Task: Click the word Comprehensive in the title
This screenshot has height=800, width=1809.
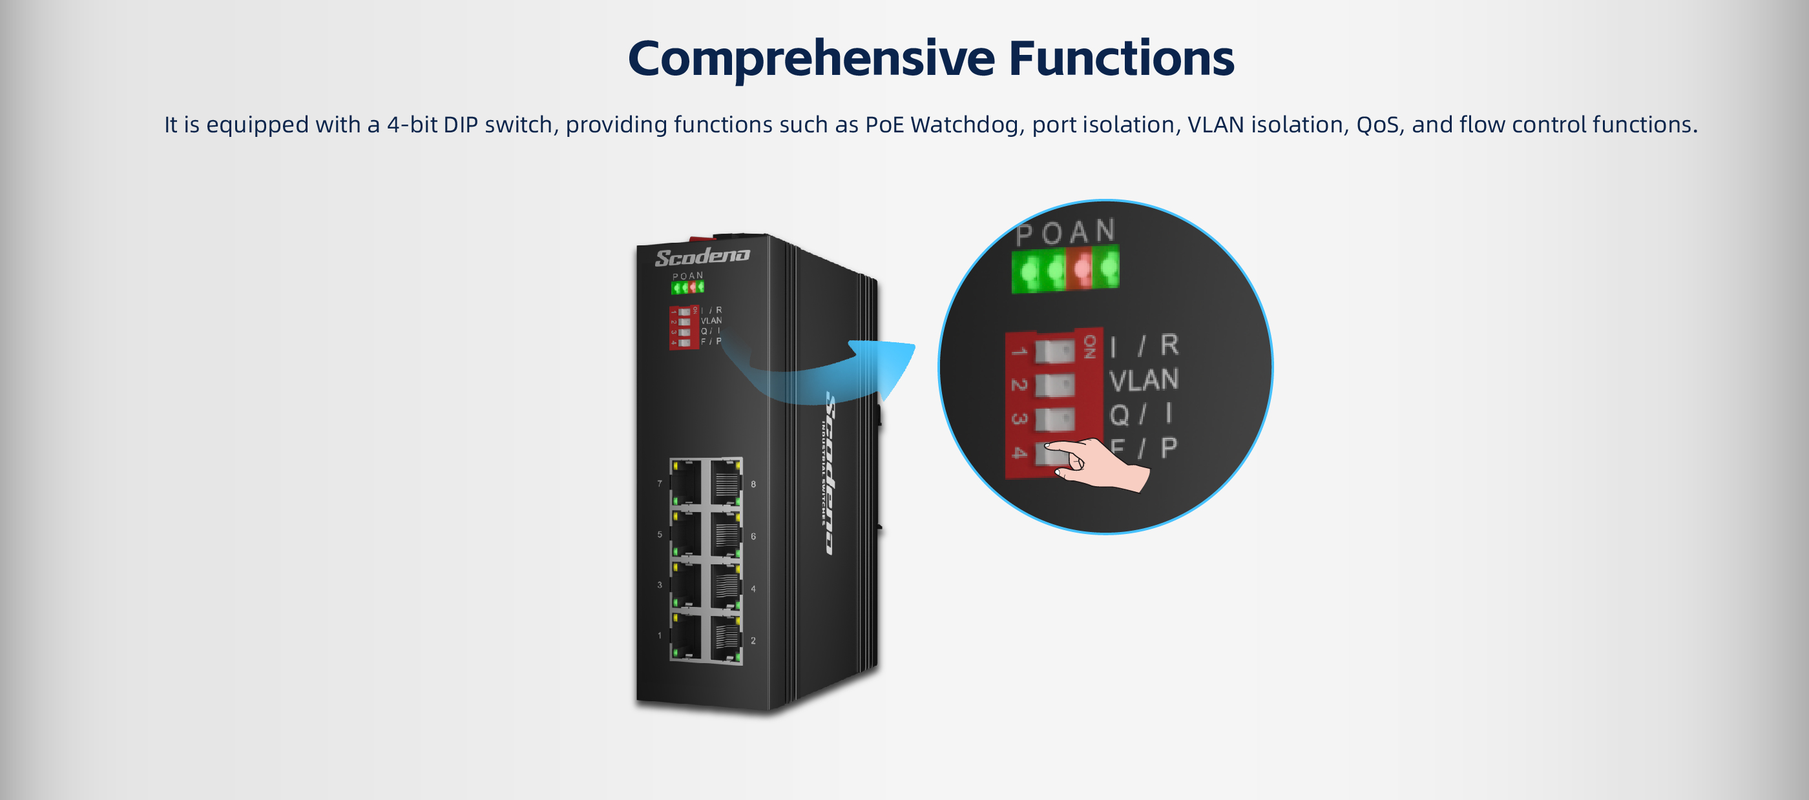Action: [811, 59]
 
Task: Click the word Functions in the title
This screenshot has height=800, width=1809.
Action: [1121, 59]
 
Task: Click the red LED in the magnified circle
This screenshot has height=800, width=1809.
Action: [1082, 267]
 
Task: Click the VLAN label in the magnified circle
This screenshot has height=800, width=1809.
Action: [1144, 380]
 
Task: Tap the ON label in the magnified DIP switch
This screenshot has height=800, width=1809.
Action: [1089, 346]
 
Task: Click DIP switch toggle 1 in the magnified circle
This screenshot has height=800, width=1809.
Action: [1054, 351]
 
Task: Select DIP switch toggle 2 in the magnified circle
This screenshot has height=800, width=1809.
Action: [1054, 385]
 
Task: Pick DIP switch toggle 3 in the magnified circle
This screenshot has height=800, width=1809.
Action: [1054, 419]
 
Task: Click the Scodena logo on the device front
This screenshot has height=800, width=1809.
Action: [702, 256]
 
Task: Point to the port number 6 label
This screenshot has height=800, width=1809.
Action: [753, 536]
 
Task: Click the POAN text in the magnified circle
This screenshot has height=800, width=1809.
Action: [1065, 232]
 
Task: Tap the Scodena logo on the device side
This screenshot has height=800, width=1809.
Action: [830, 474]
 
